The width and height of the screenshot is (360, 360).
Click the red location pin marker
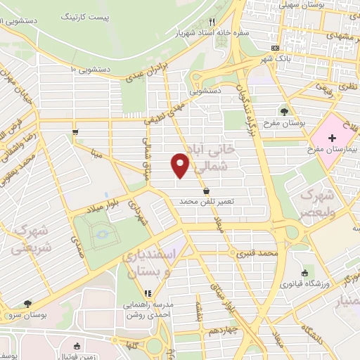[x=180, y=165]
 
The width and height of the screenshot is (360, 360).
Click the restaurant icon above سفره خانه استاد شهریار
[x=212, y=22]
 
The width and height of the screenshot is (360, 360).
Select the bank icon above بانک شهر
[x=276, y=47]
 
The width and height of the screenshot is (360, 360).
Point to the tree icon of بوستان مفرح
[x=284, y=110]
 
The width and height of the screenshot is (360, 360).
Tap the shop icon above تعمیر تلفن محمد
[x=205, y=191]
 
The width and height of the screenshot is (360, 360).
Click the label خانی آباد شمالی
[x=212, y=159]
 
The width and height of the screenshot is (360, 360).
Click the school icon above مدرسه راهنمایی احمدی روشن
[x=147, y=294]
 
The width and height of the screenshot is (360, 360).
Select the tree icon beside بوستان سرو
[x=27, y=304]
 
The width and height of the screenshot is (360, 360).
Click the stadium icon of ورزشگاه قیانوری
[x=304, y=274]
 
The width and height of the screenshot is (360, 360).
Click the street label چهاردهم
[x=221, y=328]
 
